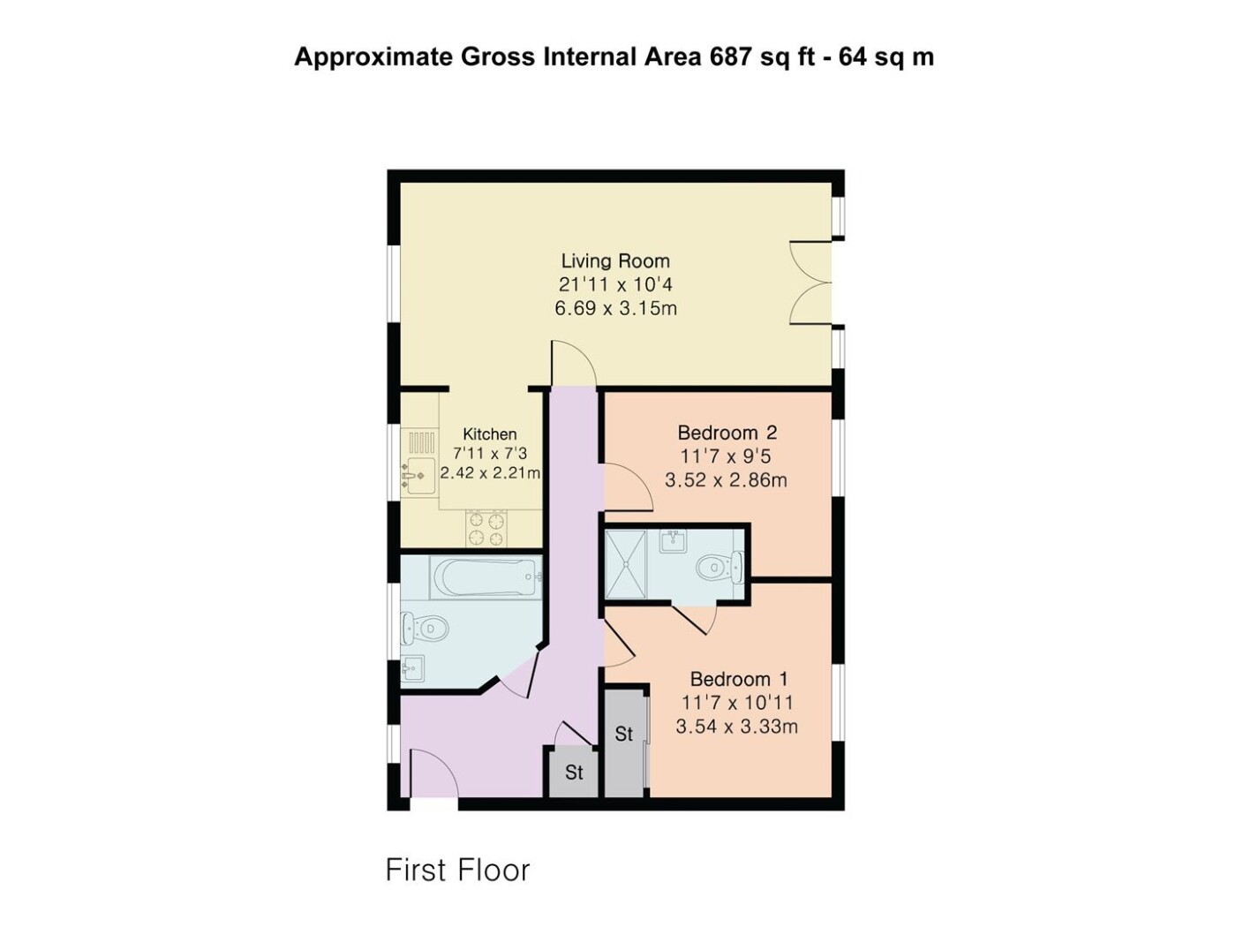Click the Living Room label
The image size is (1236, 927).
[x=614, y=261]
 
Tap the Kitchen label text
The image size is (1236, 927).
[x=489, y=434]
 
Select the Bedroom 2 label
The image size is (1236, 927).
[x=727, y=433]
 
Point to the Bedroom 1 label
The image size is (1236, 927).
[x=738, y=679]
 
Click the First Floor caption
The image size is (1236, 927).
[x=458, y=870]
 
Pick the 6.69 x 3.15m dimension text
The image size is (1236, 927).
[x=615, y=308]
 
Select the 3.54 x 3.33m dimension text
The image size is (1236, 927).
[x=736, y=727]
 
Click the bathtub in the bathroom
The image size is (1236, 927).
[x=486, y=577]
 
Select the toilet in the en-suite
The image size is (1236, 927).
[x=720, y=567]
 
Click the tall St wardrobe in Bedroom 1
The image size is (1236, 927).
[x=624, y=743]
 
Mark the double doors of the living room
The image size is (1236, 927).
[x=810, y=283]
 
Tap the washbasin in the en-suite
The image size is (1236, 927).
[x=673, y=541]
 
